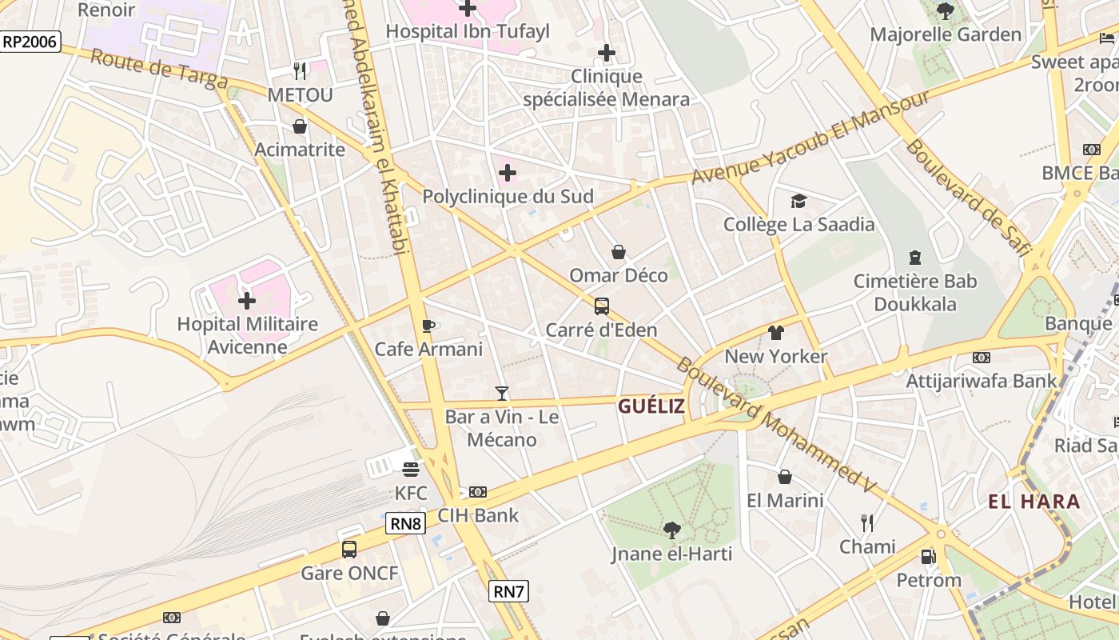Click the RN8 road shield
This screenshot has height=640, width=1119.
[405, 524]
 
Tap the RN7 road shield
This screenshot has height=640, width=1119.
[508, 591]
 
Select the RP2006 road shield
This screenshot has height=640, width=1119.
[30, 42]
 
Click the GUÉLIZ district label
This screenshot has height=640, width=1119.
[651, 406]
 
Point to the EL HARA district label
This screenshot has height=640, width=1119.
[1034, 502]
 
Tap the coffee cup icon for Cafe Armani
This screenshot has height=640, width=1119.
[428, 326]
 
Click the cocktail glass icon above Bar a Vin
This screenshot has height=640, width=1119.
[501, 393]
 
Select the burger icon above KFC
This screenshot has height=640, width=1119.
[411, 469]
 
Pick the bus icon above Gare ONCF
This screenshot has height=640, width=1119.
[349, 550]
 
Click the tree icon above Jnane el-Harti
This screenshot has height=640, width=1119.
[671, 530]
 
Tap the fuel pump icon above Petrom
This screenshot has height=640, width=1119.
[928, 556]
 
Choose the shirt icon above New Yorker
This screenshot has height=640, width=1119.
[775, 332]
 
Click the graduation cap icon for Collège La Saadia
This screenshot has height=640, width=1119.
[798, 201]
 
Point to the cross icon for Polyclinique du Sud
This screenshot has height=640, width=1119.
[508, 173]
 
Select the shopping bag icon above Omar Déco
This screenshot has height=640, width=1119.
[619, 252]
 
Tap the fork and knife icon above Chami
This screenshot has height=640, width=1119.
[867, 523]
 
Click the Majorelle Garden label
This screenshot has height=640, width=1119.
[946, 34]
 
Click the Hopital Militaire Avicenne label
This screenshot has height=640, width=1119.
[247, 335]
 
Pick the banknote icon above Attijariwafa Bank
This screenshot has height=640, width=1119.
[982, 358]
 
